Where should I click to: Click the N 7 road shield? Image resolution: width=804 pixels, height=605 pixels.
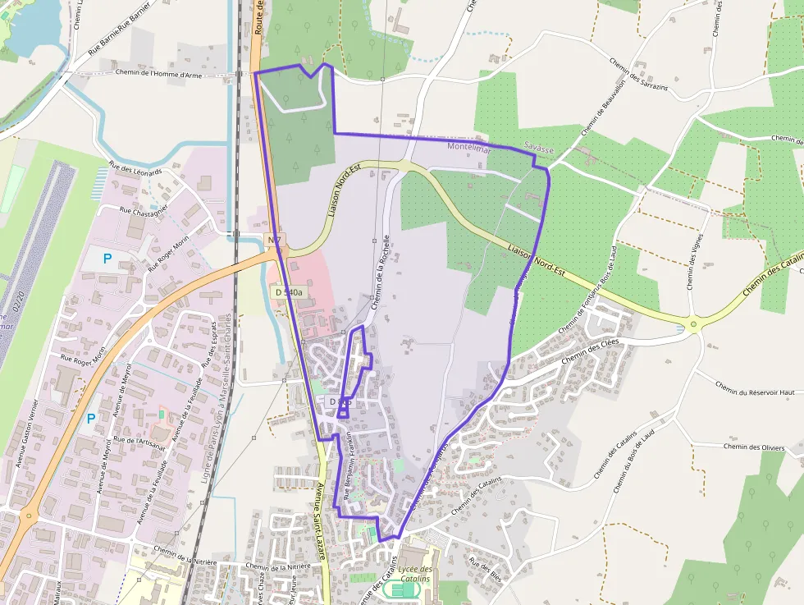coord(274,240)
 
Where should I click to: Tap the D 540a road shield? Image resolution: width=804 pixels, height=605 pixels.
coord(289,291)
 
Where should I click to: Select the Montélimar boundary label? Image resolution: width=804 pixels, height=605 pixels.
coord(469,148)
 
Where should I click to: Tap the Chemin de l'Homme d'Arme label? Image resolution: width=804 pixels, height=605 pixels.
coord(159,75)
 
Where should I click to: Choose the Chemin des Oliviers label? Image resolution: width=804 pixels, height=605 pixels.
coord(754,447)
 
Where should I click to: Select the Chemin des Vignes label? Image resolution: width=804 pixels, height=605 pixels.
coord(695,262)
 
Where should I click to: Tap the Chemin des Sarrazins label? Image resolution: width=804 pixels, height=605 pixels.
coord(639,73)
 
